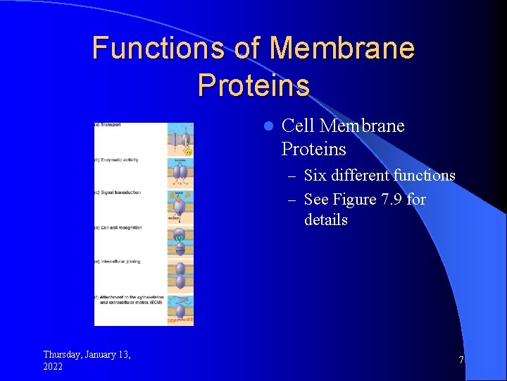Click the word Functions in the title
[158, 49]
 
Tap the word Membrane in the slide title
[342, 49]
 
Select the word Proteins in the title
[254, 85]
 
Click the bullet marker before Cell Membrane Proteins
[267, 127]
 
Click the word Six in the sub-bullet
[316, 175]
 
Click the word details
[326, 219]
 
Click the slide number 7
[461, 361]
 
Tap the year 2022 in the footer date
[53, 366]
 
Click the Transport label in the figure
[108, 125]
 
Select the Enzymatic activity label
[118, 160]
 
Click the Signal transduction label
[119, 193]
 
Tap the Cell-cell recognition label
[119, 227]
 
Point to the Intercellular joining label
[119, 262]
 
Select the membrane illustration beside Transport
[180, 140]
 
